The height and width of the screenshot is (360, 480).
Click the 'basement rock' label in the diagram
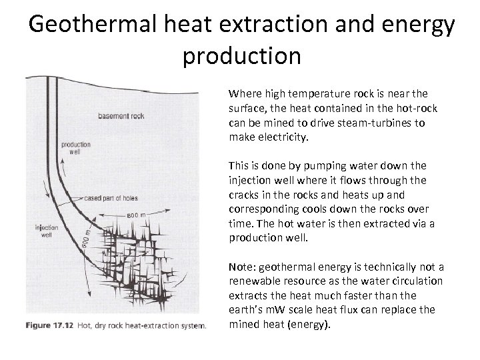point(121,116)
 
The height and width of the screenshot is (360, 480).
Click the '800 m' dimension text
point(136,215)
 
